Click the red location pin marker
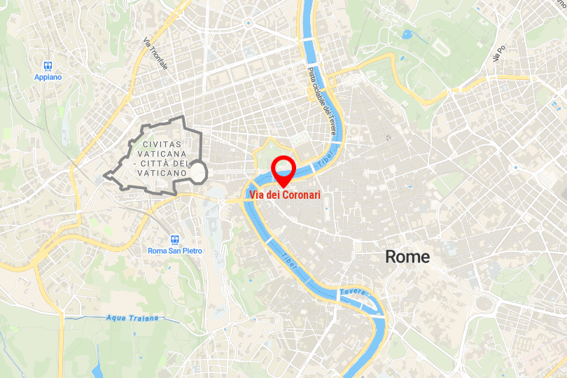[283, 169]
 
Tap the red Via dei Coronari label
[283, 195]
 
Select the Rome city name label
[407, 257]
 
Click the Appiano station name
[48, 77]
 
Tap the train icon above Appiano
[48, 65]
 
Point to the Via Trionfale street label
[155, 53]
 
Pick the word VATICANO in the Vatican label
[162, 172]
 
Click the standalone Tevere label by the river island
[353, 292]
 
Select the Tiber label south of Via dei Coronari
[289, 257]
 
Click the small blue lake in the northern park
[407, 33]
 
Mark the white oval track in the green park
[441, 47]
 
